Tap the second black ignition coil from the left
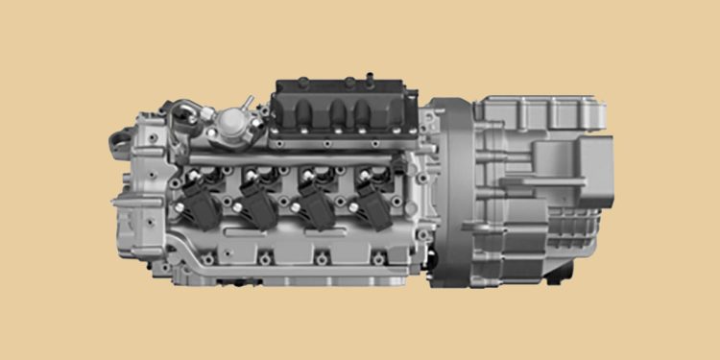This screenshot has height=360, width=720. (x=258, y=199)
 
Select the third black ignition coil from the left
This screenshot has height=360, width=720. (x=314, y=199)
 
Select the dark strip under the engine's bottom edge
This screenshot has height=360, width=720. (x=288, y=283)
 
